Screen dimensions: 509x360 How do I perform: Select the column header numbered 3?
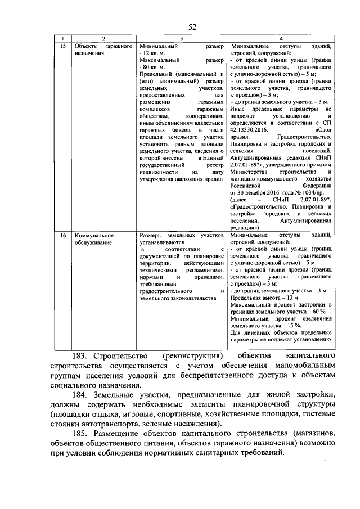click(182, 38)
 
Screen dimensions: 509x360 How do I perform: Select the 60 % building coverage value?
click(318, 312)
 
